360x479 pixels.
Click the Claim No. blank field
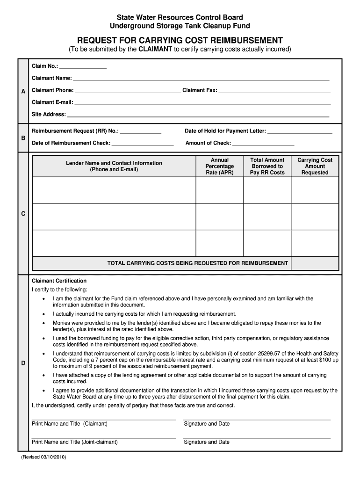[83, 66]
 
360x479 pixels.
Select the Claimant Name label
[51, 78]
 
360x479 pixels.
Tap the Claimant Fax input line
[274, 90]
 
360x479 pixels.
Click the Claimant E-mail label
[52, 102]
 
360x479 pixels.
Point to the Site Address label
[49, 115]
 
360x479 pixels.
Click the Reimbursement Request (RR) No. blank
[140, 131]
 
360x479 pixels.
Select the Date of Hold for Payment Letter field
[300, 131]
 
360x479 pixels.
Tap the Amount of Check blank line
[263, 144]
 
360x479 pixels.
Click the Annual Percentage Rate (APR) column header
[219, 167]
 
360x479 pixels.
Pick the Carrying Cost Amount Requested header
[315, 167]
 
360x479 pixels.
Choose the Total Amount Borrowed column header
[267, 167]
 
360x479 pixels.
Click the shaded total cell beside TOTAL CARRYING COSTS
[315, 263]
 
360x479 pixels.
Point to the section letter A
[23, 92]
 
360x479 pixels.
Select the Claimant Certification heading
[59, 281]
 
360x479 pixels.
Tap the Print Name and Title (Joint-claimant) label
[75, 442]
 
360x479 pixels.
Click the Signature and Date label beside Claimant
[207, 424]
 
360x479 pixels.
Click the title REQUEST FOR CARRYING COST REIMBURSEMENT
[180, 40]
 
